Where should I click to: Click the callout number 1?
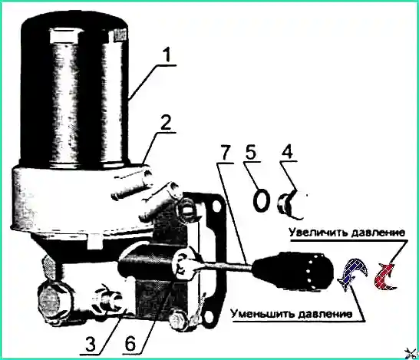pyautogui.click(x=167, y=55)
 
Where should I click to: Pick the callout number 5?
pyautogui.click(x=249, y=152)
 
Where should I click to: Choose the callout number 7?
pyautogui.click(x=226, y=152)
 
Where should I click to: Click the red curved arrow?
pyautogui.click(x=385, y=276)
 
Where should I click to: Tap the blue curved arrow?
pyautogui.click(x=352, y=272)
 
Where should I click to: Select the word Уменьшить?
pyautogui.click(x=262, y=313)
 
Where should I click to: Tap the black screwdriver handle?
pyautogui.click(x=293, y=270)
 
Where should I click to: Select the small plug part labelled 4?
pyautogui.click(x=290, y=204)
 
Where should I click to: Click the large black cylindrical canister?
pyautogui.click(x=75, y=90)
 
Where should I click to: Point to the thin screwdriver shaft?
pyautogui.click(x=225, y=266)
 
